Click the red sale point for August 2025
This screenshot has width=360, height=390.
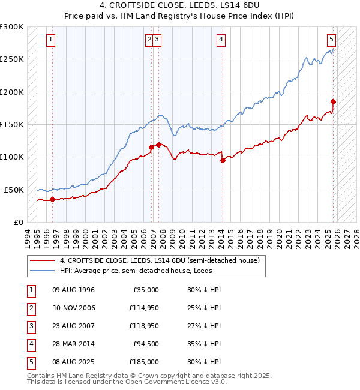(334, 102)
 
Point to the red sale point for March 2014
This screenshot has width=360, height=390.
(223, 161)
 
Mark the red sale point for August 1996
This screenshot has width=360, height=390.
(52, 199)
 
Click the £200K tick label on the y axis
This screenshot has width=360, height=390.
(12, 92)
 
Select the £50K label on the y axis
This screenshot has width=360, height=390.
(14, 190)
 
